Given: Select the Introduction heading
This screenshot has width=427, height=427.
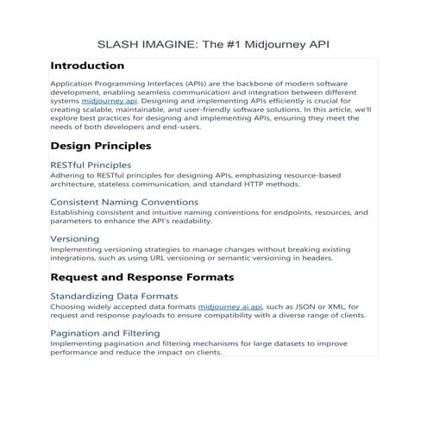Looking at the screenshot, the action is coord(86,66).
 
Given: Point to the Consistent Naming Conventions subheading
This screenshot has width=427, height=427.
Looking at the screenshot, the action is coord(124,202).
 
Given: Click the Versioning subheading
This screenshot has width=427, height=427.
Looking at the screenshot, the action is coord(75,238).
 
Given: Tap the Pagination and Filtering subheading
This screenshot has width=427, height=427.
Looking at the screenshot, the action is coord(105,333).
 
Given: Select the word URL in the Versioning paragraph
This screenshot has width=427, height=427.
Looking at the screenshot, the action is coord(197,257).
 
